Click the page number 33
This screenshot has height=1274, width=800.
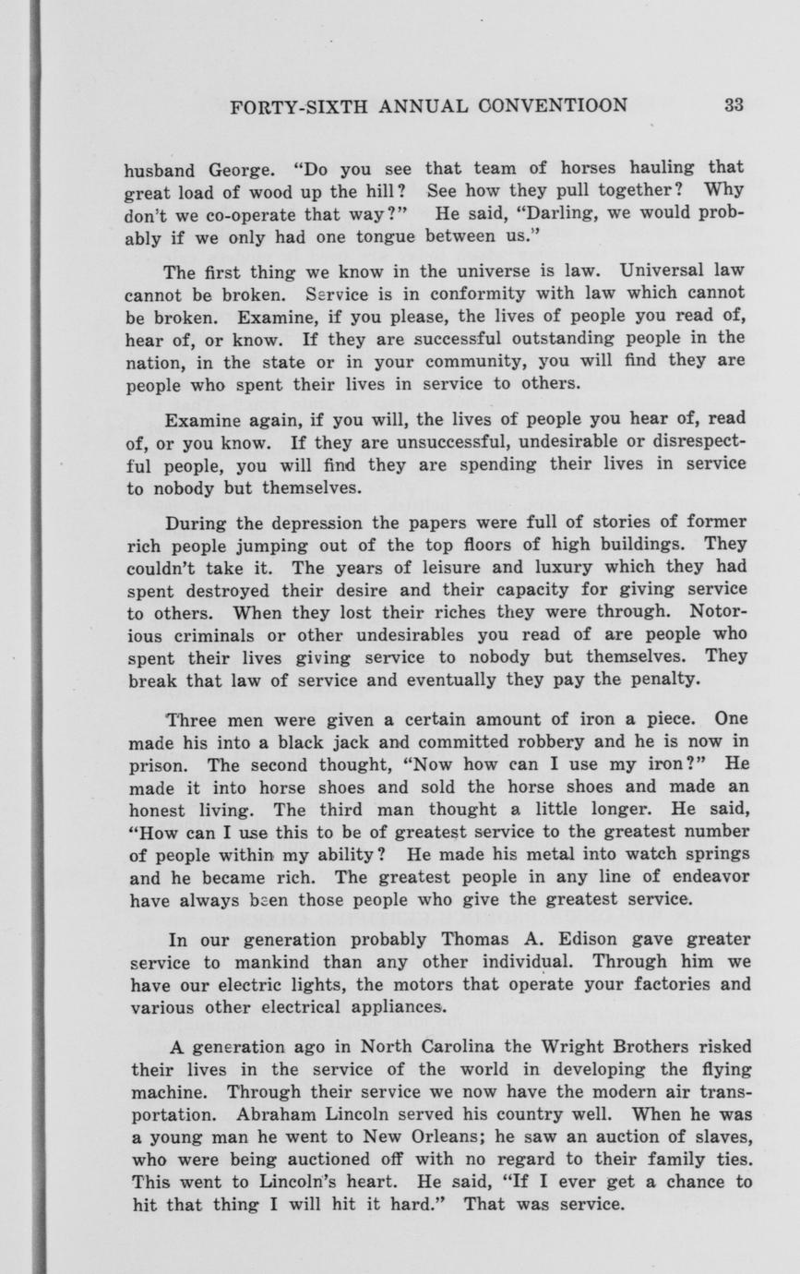tap(734, 104)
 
